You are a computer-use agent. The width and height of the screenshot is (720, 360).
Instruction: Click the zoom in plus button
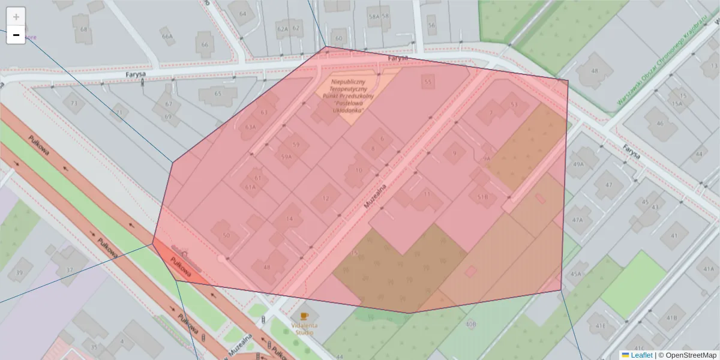tap(16, 17)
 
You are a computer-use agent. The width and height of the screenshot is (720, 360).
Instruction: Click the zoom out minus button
tap(16, 35)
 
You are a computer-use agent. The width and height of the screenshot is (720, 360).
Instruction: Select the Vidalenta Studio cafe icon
tap(304, 316)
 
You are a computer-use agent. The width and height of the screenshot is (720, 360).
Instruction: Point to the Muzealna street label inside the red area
tap(375, 196)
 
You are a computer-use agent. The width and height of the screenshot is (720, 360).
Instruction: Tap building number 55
tap(427, 82)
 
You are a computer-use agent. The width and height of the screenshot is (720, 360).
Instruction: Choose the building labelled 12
tap(326, 199)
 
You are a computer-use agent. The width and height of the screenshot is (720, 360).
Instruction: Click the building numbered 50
tap(226, 235)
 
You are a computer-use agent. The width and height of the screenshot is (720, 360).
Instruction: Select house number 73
tap(74, 103)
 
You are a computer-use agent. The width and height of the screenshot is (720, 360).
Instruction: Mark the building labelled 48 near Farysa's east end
tap(595, 71)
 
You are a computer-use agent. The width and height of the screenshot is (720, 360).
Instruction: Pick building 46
tap(659, 124)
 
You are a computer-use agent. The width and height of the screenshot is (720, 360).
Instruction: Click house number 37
tap(70, 269)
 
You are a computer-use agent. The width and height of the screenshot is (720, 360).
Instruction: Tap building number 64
tap(242, 14)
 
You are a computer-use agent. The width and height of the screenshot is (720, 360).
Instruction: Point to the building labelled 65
tap(218, 93)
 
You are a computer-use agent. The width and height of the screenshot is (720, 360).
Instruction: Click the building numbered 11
tap(427, 194)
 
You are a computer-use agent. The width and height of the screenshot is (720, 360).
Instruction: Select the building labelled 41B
tap(672, 317)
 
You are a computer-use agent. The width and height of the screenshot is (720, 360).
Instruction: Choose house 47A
tap(577, 220)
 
